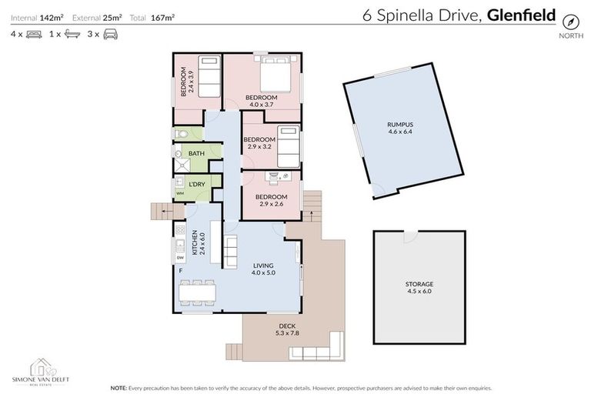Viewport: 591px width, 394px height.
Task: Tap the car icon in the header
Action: tap(111, 34)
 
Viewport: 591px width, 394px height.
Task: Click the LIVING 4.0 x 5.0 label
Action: tap(263, 268)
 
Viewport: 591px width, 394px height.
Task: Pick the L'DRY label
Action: tap(197, 184)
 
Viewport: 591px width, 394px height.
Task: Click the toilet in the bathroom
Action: tap(179, 135)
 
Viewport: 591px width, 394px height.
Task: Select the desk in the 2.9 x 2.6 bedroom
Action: tap(277, 176)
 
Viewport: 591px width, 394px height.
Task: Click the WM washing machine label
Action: tap(179, 193)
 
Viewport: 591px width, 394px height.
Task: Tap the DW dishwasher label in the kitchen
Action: tap(180, 258)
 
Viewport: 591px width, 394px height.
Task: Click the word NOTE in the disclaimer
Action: tap(119, 386)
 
